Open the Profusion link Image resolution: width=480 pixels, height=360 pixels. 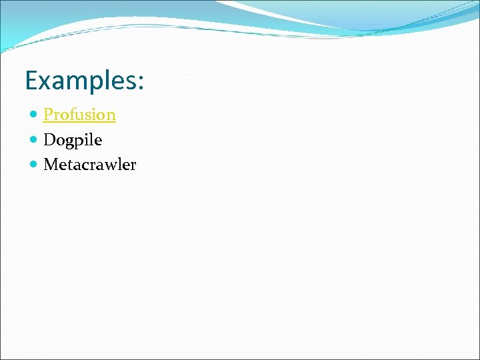tap(79, 115)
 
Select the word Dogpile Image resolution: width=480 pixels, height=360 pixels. tap(73, 140)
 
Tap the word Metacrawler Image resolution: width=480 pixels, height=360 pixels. tap(89, 165)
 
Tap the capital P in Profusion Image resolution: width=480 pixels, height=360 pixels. tap(48, 115)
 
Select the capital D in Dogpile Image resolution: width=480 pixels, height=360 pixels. tap(49, 140)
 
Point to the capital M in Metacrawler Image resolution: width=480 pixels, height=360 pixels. tap(50, 165)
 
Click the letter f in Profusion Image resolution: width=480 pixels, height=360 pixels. tap(72, 114)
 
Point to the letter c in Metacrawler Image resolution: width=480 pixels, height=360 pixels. tap(86, 165)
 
